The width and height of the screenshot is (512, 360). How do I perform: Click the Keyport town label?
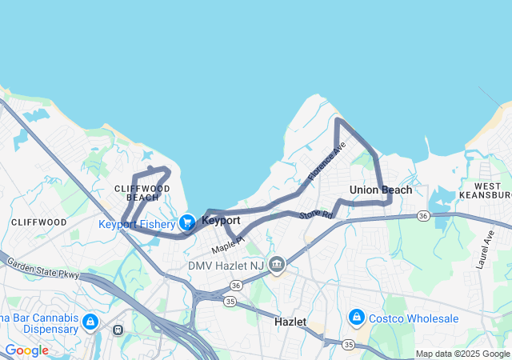221,220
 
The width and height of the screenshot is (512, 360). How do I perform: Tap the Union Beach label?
381,190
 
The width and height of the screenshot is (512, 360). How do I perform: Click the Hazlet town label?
290,321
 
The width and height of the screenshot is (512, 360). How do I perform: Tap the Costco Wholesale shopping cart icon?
357,318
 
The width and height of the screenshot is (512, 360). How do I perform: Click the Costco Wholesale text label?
414,318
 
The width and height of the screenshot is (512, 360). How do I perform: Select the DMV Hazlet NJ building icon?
277,263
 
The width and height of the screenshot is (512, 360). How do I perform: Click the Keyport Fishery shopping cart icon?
187,222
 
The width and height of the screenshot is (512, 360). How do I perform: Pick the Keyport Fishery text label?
137,224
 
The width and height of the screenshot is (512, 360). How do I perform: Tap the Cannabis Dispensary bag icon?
90,322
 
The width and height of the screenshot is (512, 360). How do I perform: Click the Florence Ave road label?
326,160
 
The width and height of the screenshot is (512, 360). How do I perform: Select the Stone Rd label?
315,214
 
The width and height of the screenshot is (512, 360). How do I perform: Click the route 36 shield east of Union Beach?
423,215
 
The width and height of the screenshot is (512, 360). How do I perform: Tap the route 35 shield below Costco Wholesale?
348,344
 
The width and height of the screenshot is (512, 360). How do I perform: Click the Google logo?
26,350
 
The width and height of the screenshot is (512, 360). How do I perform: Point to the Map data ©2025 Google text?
462,354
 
